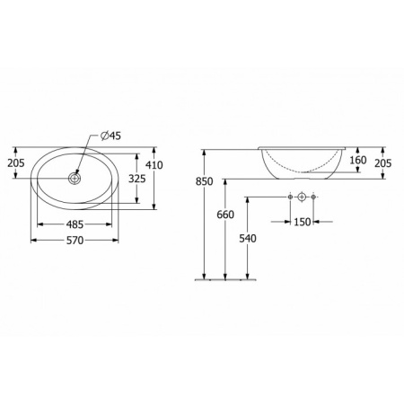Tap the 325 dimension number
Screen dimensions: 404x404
[x=136, y=179]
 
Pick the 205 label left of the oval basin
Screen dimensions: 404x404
[x=15, y=163]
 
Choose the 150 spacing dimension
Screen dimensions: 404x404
[x=302, y=221]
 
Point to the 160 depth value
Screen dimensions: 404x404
[x=358, y=162]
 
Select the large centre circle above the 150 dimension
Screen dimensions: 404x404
[x=303, y=197]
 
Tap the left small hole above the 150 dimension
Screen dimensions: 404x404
[x=290, y=197]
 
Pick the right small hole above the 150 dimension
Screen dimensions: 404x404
[x=315, y=197]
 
